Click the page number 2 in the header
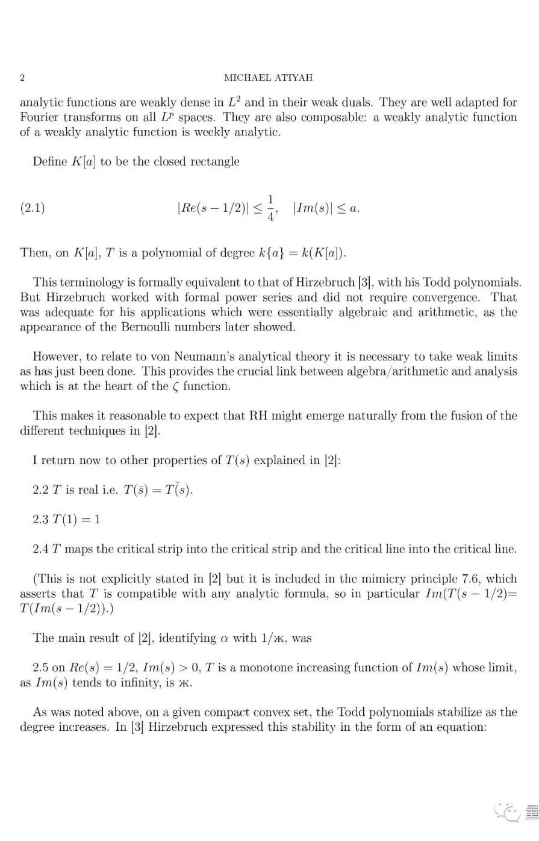[x=22, y=78]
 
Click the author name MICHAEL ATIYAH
[x=269, y=78]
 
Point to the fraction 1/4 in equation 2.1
[x=271, y=208]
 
